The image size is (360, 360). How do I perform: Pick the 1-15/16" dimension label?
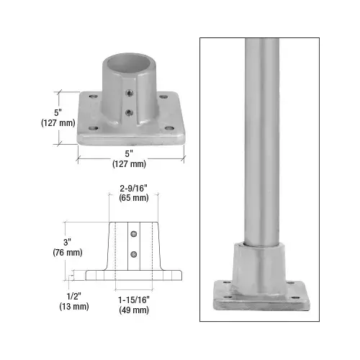coord(134,300)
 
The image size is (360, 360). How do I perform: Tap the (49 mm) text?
coord(134,310)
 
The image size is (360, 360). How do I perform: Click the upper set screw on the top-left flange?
coord(127,94)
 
